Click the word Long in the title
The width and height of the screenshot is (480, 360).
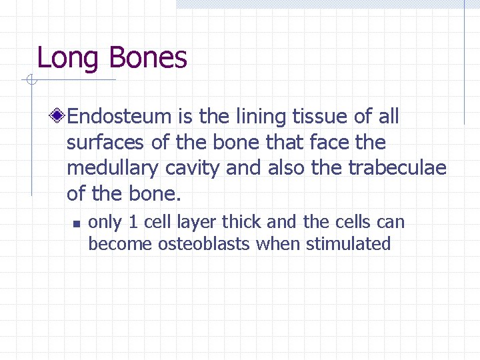[68, 59]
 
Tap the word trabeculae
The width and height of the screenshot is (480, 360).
[397, 168]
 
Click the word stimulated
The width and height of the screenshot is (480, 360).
[348, 244]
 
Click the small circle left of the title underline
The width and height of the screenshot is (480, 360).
[31, 81]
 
